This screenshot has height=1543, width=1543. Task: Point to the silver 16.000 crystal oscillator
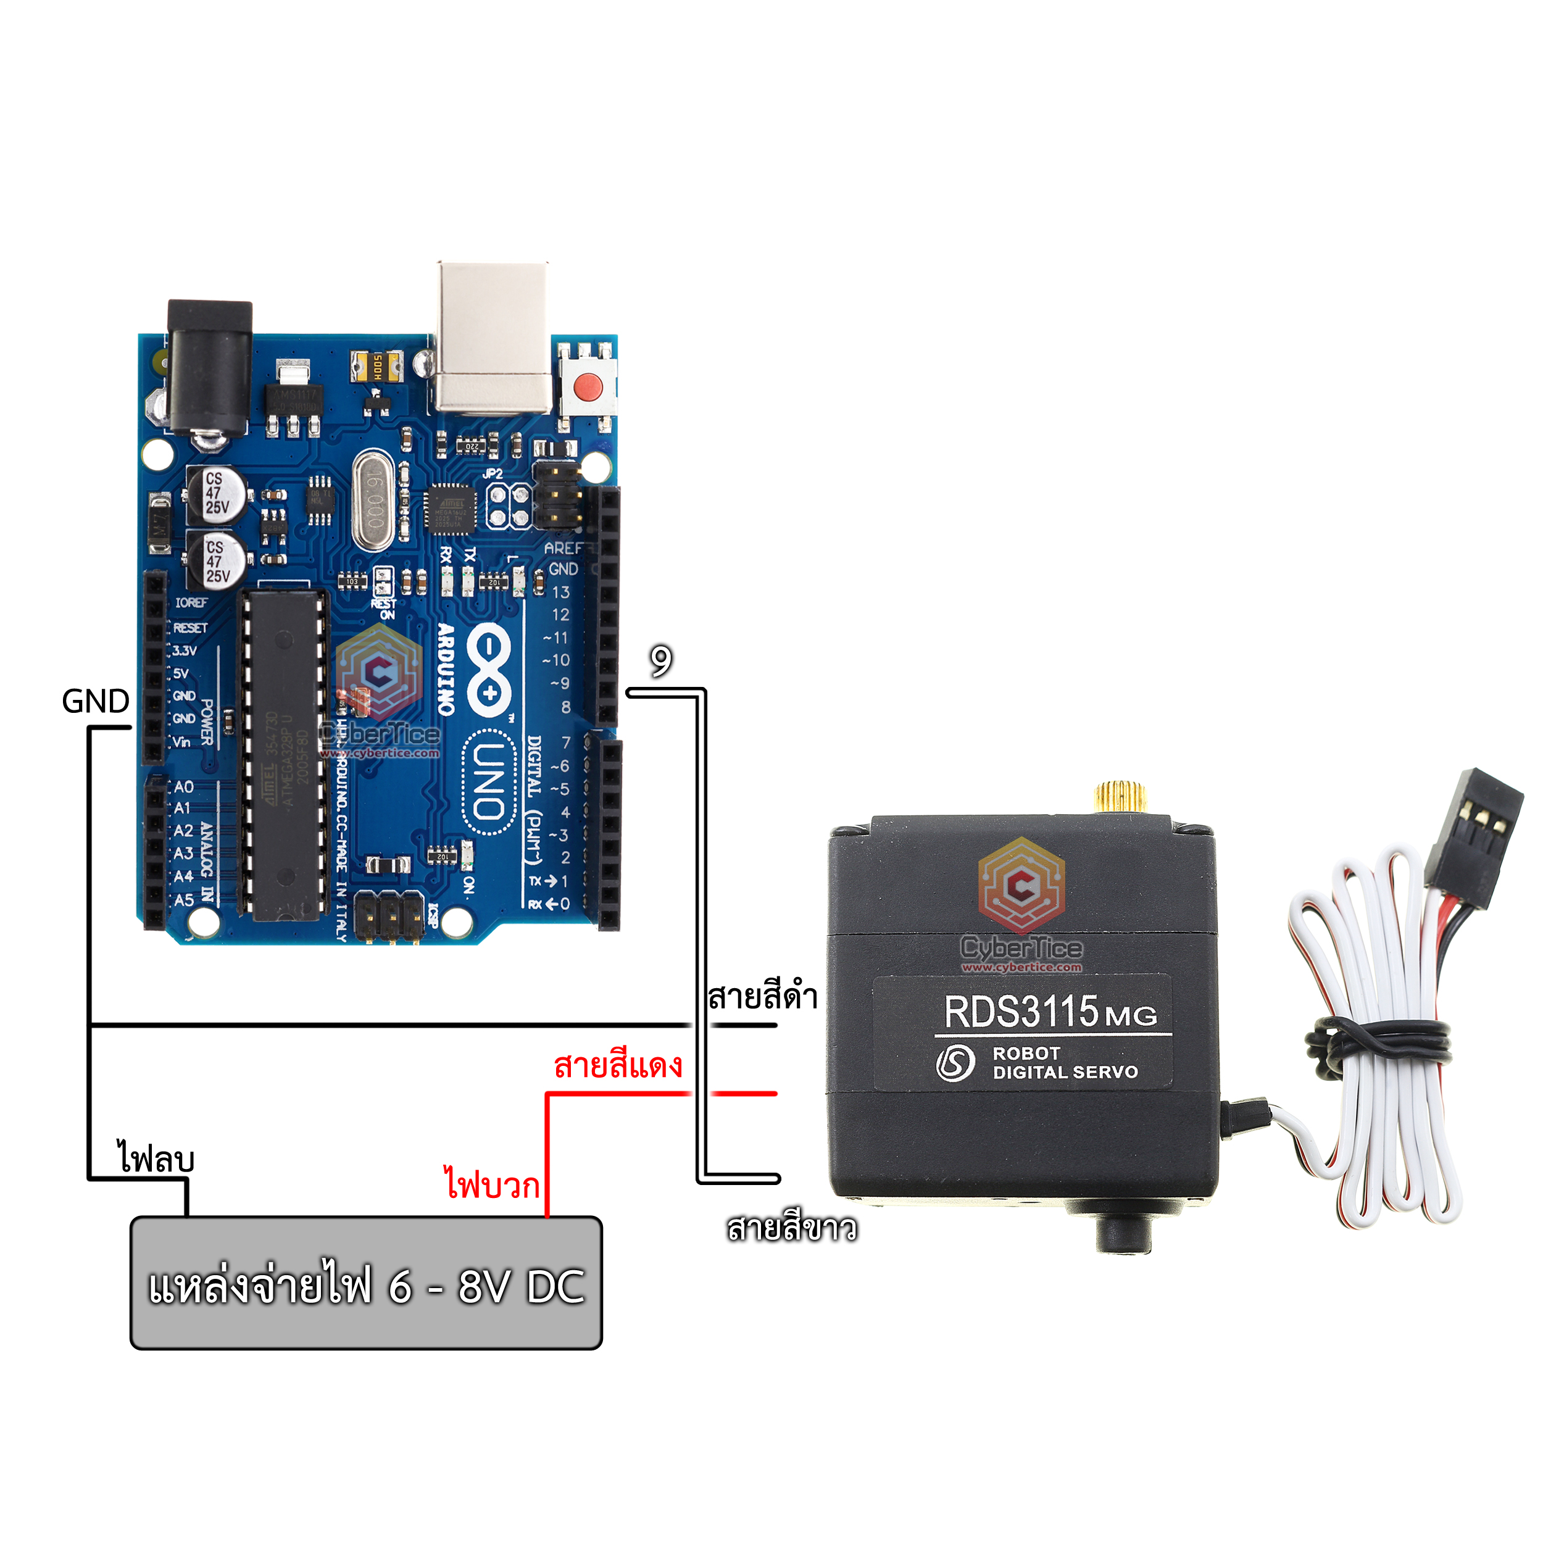(x=373, y=501)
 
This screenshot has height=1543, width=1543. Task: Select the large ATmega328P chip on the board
(x=285, y=755)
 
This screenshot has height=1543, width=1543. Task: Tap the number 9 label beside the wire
(x=660, y=661)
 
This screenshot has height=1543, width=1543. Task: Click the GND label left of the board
(x=95, y=701)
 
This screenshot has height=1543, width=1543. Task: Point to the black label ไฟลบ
(x=156, y=1158)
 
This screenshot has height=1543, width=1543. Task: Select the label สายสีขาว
(x=791, y=1228)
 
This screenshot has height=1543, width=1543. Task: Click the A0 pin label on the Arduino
(x=184, y=787)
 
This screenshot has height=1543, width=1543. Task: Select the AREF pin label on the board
(x=565, y=549)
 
